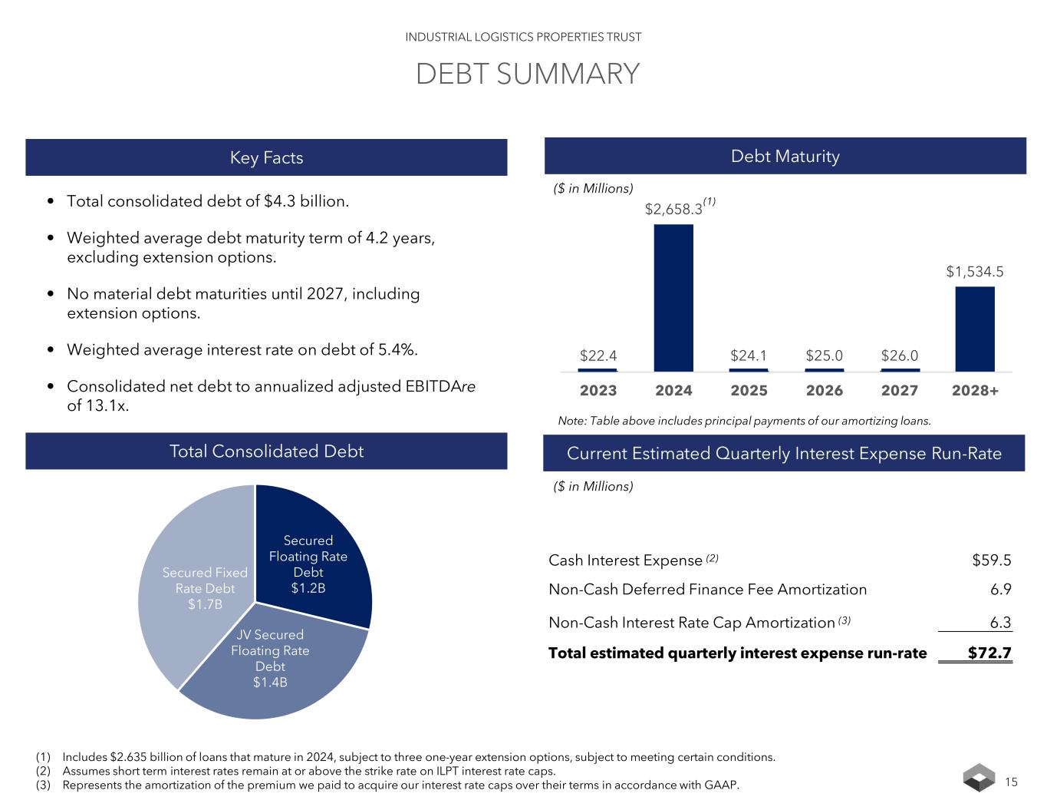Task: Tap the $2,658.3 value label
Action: click(673, 208)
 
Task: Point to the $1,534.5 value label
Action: click(974, 271)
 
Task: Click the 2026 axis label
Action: click(825, 390)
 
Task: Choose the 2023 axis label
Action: click(598, 390)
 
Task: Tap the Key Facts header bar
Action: click(266, 157)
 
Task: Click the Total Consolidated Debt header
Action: click(266, 451)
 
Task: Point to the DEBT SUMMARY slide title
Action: click(527, 74)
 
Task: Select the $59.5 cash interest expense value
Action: click(991, 560)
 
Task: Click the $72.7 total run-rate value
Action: click(989, 653)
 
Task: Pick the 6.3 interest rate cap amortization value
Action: click(1000, 622)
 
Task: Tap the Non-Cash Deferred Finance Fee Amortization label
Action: click(707, 590)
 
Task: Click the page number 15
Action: click(1011, 782)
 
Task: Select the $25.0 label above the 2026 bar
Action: click(825, 355)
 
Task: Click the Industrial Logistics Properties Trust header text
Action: click(523, 37)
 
